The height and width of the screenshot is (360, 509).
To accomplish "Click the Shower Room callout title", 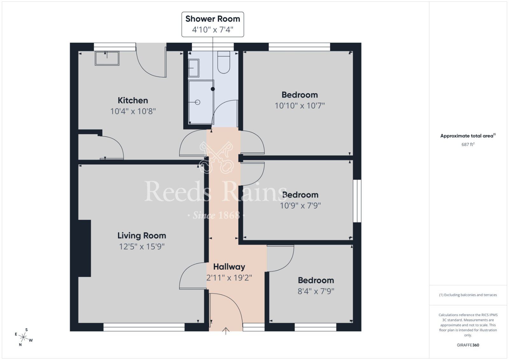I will (213, 19).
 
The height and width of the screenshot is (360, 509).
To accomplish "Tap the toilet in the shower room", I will (224, 63).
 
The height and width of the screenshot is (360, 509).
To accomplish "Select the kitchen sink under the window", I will (107, 58).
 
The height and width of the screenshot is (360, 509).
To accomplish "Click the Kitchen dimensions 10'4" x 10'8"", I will (133, 111).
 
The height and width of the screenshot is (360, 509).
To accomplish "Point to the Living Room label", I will (142, 236).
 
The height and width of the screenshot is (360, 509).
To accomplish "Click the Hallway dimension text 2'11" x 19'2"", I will (229, 278).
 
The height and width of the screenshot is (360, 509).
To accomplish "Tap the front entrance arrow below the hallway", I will (226, 331).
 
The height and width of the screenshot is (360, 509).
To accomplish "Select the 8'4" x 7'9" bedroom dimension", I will (316, 291).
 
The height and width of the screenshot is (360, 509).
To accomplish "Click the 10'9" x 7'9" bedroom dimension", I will (300, 205).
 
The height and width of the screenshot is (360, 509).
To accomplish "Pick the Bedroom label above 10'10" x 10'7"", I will (300, 95).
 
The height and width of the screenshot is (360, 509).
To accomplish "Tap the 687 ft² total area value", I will (468, 144).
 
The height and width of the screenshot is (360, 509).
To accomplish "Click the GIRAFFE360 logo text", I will (468, 345).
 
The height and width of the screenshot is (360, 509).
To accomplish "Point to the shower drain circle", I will (198, 102).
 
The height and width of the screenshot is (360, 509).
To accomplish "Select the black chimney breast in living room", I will (84, 248).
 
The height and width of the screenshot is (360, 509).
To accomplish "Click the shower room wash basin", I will (193, 68).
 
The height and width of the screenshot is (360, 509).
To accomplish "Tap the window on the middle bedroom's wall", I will (359, 201).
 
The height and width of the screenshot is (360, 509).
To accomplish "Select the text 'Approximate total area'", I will (467, 136).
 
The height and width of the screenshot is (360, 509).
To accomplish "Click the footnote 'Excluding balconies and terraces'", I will (468, 295).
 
